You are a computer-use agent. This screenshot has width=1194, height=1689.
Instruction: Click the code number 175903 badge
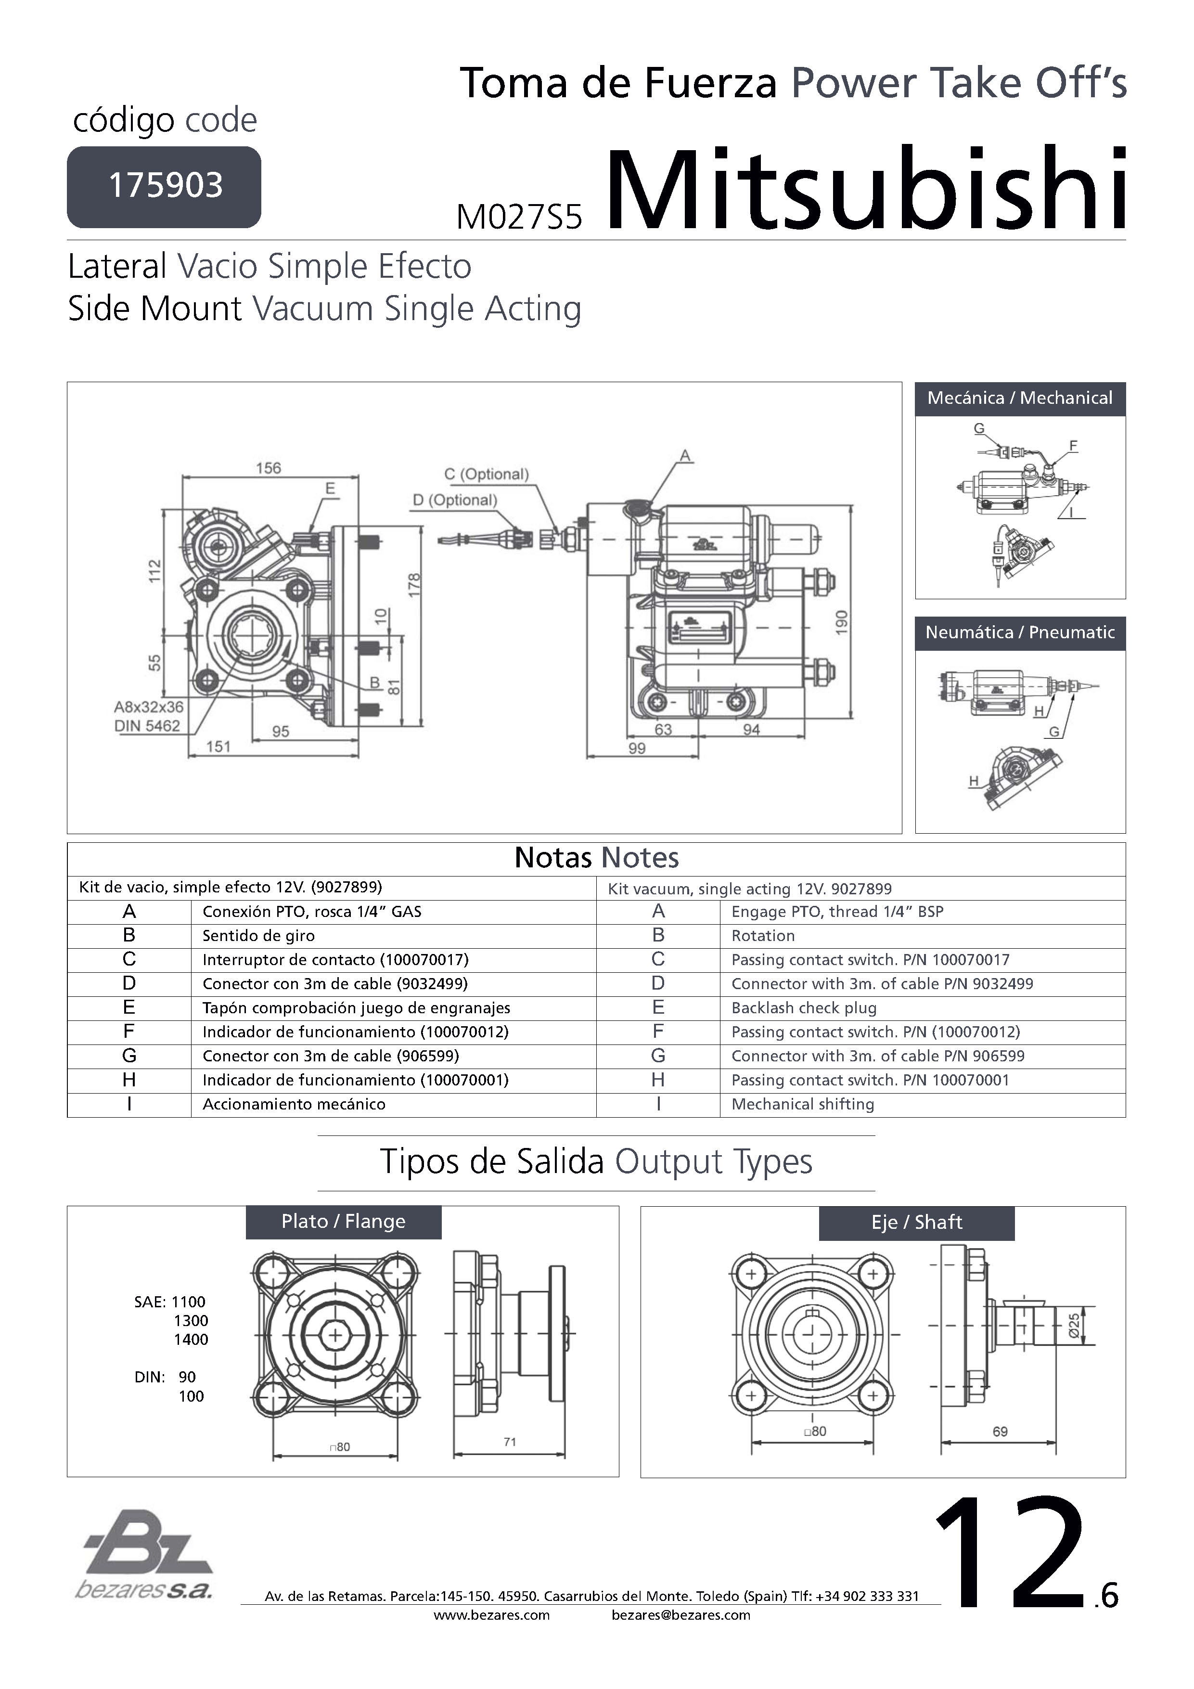click(x=164, y=186)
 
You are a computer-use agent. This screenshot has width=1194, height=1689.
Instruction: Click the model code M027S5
click(x=519, y=217)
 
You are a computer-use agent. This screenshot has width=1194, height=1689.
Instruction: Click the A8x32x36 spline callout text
click(x=149, y=707)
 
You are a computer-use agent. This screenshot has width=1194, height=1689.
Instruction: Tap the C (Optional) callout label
click(x=486, y=475)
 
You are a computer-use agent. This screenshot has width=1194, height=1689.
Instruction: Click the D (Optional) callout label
click(x=455, y=500)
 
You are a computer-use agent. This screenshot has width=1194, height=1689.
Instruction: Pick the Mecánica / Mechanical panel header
click(x=1020, y=399)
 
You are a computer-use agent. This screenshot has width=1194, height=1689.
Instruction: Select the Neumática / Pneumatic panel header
click(x=1020, y=632)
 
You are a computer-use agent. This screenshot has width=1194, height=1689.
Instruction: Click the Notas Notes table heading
click(x=596, y=858)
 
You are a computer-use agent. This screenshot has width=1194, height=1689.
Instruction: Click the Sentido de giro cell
click(x=258, y=936)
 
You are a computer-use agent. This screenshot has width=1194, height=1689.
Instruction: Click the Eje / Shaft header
click(x=917, y=1223)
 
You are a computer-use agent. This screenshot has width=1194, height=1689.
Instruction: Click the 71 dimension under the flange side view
click(x=510, y=1442)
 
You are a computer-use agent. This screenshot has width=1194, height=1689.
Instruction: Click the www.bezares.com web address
click(x=491, y=1615)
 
